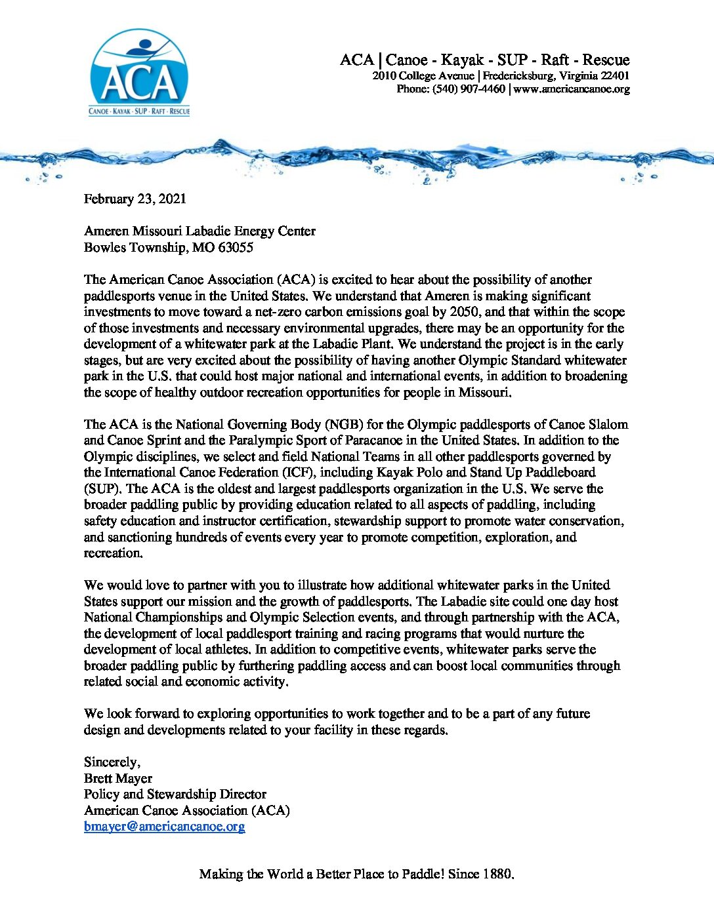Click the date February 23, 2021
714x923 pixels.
(x=135, y=199)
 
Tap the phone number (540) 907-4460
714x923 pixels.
(x=469, y=89)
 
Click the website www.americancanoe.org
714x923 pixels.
(x=572, y=89)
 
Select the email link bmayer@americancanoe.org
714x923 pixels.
(x=164, y=827)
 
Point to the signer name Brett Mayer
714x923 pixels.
(x=118, y=778)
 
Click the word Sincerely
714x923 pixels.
(x=112, y=762)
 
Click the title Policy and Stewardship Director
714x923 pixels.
(x=175, y=794)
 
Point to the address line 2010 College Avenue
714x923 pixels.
(x=423, y=76)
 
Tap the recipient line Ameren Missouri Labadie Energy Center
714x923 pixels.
(x=199, y=231)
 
